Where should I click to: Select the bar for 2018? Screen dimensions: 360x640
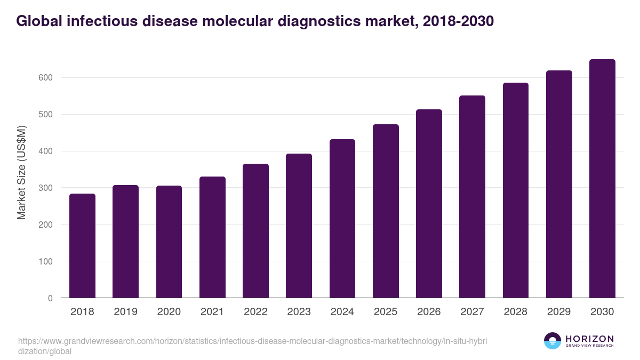(x=82, y=246)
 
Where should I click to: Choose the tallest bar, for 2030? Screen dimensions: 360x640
(x=602, y=179)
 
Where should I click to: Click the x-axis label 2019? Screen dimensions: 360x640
(x=125, y=312)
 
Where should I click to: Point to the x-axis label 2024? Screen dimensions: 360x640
(x=342, y=312)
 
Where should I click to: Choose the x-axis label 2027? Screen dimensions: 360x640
(x=472, y=312)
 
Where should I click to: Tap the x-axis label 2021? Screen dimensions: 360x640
(x=212, y=312)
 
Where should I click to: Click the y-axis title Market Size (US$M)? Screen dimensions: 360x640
(x=21, y=173)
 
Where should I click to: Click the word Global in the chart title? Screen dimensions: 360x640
(x=37, y=21)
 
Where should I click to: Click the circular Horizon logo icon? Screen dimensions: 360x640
(x=552, y=341)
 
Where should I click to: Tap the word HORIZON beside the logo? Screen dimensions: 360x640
(x=589, y=339)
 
